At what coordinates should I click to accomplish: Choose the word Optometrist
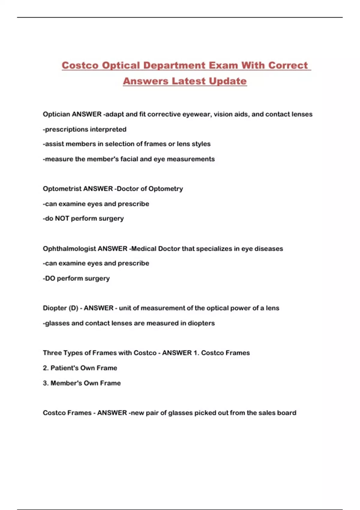pyautogui.click(x=62, y=189)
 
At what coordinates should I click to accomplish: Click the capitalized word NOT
pyautogui.click(x=62, y=218)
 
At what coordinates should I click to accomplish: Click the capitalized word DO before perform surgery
pyautogui.click(x=50, y=278)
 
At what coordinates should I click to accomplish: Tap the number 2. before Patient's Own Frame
pyautogui.click(x=46, y=368)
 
